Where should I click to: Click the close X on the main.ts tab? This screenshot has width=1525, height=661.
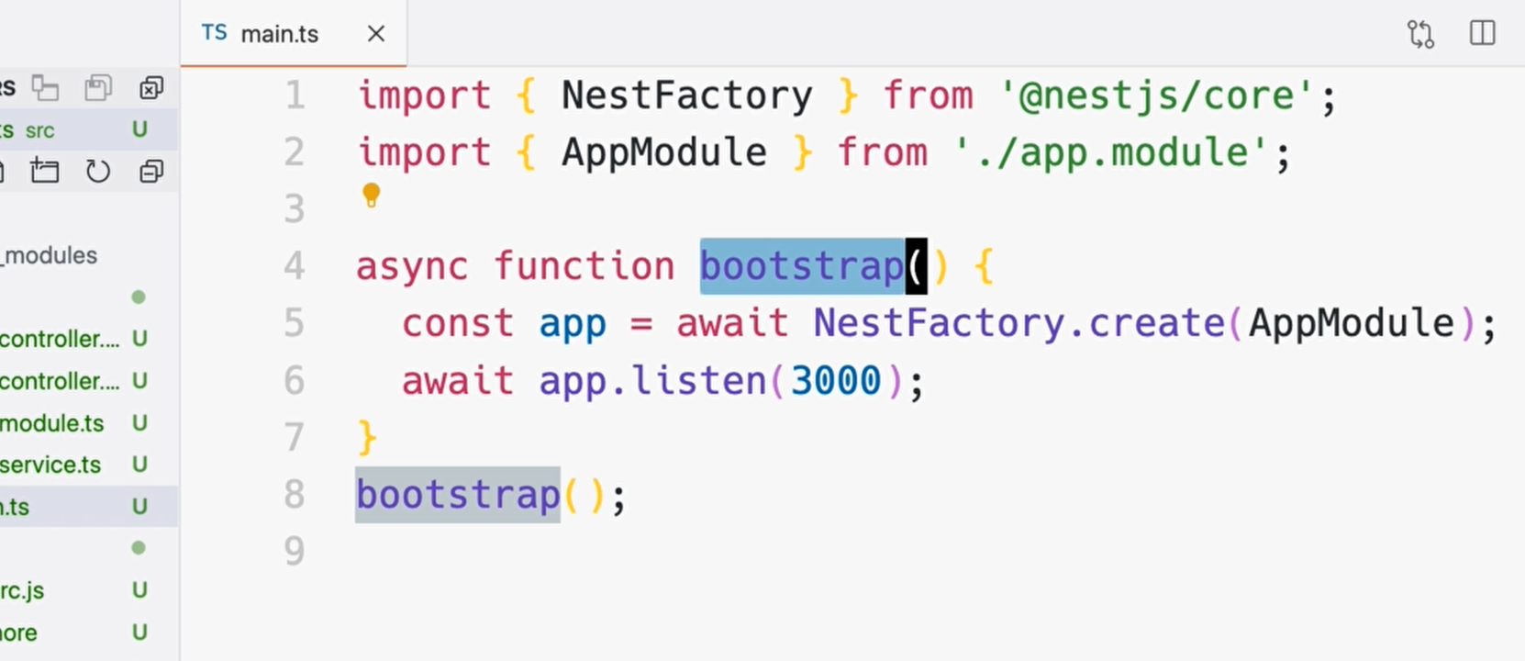click(x=376, y=34)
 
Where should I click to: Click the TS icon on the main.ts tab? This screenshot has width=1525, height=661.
click(x=214, y=33)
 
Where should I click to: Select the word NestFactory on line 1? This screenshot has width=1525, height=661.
click(x=686, y=95)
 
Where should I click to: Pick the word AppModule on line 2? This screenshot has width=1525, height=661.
click(x=663, y=152)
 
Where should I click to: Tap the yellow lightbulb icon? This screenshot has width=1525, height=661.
click(x=371, y=195)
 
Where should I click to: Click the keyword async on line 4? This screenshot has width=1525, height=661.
click(x=411, y=266)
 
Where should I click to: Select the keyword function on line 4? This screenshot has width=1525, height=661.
click(x=584, y=266)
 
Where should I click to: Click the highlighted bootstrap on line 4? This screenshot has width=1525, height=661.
click(x=802, y=266)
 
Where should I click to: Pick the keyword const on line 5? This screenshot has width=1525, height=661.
click(x=457, y=323)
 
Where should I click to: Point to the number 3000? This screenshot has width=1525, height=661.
click(x=835, y=380)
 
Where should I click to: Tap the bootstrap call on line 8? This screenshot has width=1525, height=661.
click(x=457, y=495)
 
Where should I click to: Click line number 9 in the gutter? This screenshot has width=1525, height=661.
click(x=294, y=551)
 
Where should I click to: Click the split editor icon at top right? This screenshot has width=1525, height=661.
click(x=1482, y=34)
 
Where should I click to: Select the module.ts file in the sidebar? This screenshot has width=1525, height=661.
click(x=51, y=423)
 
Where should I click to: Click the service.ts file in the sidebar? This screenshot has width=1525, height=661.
click(x=50, y=465)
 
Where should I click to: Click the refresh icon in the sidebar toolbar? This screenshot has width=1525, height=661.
click(x=97, y=172)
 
